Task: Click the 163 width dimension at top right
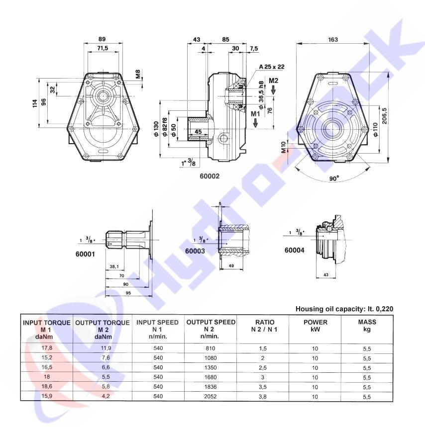333,40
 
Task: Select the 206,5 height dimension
384,116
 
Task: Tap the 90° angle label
334,178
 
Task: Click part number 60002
210,176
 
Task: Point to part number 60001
85,254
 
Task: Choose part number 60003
195,251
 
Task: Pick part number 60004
295,250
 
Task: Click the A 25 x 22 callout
272,67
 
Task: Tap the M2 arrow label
273,81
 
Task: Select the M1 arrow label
255,114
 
